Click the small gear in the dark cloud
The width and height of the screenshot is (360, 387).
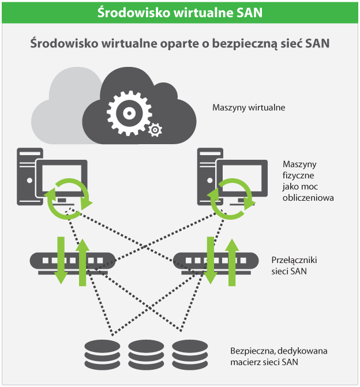click(x=154, y=130)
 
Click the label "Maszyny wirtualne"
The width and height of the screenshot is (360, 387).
click(x=249, y=107)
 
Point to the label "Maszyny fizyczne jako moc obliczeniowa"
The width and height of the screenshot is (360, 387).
click(x=308, y=181)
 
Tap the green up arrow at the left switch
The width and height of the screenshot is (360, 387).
click(x=82, y=261)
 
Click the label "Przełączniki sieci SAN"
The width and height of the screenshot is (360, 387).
click(x=294, y=265)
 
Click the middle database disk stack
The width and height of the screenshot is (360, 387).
click(x=147, y=353)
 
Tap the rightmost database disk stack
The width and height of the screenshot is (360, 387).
click(x=190, y=353)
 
